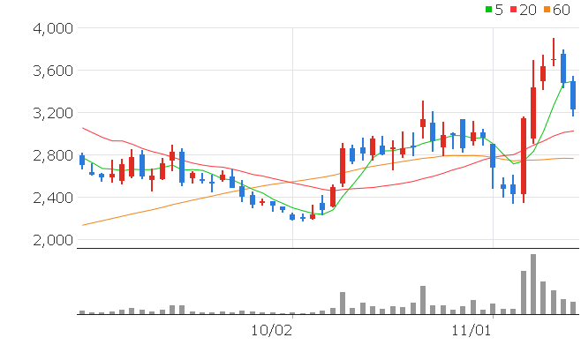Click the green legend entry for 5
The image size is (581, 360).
tap(494, 10)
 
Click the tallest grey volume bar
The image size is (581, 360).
tap(533, 284)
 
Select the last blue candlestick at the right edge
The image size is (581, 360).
tap(573, 95)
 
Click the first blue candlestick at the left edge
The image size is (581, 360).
tap(82, 160)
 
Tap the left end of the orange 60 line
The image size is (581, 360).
tap(82, 225)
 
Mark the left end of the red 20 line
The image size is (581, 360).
tap(82, 128)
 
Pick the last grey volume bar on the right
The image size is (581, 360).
tap(573, 308)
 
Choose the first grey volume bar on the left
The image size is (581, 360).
tap(82, 311)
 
